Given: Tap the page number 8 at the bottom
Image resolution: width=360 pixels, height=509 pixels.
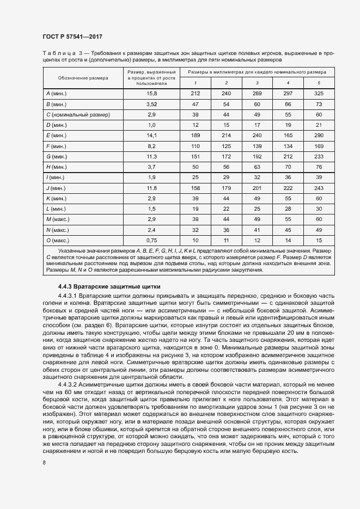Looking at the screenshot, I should [44, 463].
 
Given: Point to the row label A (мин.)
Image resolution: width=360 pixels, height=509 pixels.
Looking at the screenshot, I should [57, 94].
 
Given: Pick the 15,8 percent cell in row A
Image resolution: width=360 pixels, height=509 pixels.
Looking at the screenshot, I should [151, 94].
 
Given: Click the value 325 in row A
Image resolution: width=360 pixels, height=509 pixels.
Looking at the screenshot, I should [319, 94].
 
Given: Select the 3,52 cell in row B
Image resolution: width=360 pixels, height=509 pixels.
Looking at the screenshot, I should [151, 104].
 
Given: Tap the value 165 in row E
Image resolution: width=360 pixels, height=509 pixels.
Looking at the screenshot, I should [288, 135].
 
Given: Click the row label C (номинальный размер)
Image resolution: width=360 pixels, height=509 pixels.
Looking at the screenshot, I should [78, 114].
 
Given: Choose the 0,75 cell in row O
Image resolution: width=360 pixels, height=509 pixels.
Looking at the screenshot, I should [151, 240].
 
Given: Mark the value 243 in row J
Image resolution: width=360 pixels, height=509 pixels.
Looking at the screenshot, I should [319, 188].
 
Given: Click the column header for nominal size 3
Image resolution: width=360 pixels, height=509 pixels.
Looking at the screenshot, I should [257, 83].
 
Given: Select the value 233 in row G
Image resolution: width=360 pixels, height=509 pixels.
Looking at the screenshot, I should [319, 156].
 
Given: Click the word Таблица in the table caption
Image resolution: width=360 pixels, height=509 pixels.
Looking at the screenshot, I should [56, 53].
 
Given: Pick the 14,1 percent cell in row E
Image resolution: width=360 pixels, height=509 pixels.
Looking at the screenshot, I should [151, 135].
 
